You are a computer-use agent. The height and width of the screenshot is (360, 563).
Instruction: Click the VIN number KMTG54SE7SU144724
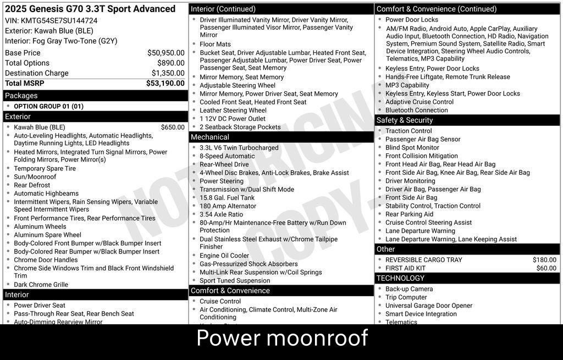tap(59, 21)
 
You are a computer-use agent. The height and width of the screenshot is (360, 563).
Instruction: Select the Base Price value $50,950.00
tap(165, 53)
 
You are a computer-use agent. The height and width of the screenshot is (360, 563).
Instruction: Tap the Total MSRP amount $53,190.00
tap(165, 84)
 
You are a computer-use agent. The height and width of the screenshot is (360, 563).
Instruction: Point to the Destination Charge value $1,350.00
tap(168, 73)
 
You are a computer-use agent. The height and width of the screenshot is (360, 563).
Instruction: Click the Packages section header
tap(21, 96)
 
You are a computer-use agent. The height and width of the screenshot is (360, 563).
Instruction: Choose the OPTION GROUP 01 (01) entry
tap(48, 107)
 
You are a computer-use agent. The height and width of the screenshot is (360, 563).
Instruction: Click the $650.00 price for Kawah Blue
tap(173, 128)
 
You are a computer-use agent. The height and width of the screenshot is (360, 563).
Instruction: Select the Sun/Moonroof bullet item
tap(35, 177)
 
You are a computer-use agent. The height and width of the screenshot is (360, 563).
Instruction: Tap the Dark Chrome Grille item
tap(41, 285)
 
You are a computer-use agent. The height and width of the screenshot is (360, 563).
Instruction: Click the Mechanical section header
tap(210, 137)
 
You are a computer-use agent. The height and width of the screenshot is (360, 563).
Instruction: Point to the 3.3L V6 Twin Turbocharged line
tap(239, 148)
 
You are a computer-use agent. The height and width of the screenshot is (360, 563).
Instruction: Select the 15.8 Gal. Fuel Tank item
tap(227, 198)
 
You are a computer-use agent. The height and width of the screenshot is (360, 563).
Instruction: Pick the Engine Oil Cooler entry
tap(224, 256)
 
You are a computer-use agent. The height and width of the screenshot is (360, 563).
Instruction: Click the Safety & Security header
tap(405, 120)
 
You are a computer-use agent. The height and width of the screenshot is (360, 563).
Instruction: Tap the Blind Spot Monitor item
tap(412, 148)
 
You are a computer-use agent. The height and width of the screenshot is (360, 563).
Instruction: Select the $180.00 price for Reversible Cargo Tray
tap(544, 260)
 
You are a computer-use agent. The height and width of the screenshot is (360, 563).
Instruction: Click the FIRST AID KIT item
tap(405, 268)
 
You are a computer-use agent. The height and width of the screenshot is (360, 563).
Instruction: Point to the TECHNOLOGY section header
tap(401, 278)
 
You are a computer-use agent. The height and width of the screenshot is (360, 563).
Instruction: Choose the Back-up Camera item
tap(409, 289)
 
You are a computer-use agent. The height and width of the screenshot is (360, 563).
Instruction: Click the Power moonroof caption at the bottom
tap(281, 338)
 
